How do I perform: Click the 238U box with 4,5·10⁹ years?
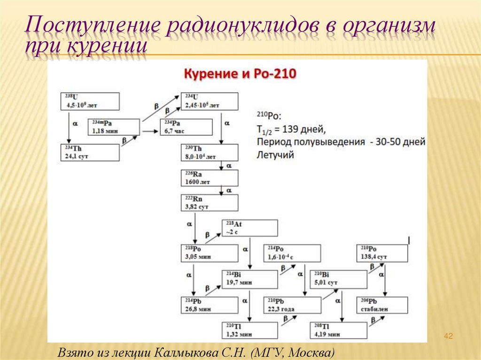[89, 101]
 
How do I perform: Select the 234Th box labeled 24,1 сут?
[89, 153]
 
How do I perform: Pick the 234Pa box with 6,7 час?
[186, 127]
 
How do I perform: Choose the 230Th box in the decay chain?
[209, 153]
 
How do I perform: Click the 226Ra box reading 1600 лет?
[209, 178]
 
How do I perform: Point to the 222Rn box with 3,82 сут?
[209, 203]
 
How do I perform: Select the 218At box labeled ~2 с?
[250, 228]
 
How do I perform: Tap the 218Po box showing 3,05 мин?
[209, 253]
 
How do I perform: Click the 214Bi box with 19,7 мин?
[250, 279]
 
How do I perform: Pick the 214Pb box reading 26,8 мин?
[209, 305]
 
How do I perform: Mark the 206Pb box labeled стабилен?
[382, 305]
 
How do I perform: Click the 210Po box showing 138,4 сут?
[382, 253]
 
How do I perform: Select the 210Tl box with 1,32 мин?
[250, 330]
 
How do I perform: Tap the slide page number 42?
[448, 336]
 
